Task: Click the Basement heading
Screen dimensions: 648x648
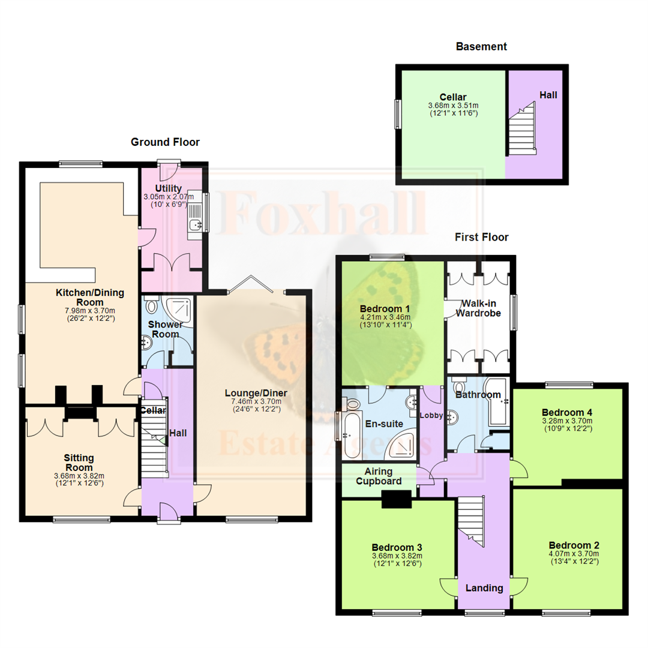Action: point(481,46)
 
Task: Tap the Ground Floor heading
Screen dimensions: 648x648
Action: point(165,142)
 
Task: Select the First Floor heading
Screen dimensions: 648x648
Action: point(481,237)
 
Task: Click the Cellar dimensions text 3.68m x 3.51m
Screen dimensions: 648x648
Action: point(452,106)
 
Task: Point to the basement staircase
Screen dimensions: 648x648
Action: point(521,129)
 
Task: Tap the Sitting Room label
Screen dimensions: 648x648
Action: point(79,462)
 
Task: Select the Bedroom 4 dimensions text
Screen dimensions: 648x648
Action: point(567,424)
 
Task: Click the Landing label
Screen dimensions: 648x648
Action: point(484,588)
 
